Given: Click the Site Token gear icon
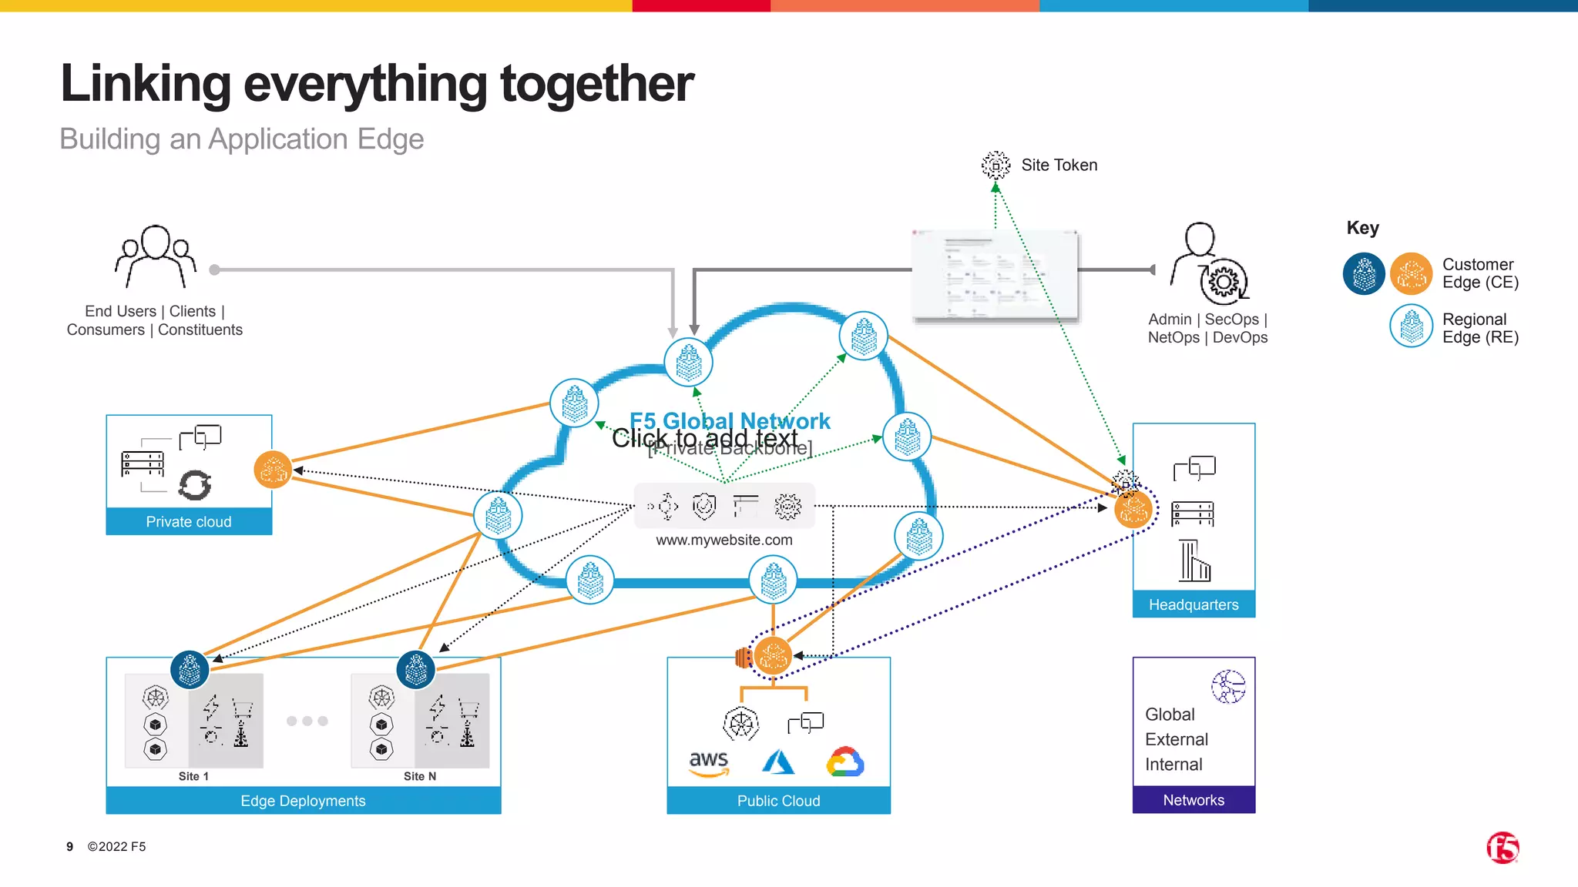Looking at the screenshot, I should pyautogui.click(x=995, y=165).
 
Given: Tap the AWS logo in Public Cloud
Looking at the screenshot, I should pyautogui.click(x=709, y=763).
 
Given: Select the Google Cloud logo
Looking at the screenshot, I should pyautogui.click(x=845, y=762).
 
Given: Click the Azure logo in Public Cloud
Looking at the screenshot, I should pyautogui.click(x=778, y=762).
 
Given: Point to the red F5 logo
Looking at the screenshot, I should pyautogui.click(x=1502, y=848).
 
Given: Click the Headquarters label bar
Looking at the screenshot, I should pyautogui.click(x=1194, y=604).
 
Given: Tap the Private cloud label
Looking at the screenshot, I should pyautogui.click(x=189, y=521).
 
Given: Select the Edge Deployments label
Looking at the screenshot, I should pyautogui.click(x=303, y=801).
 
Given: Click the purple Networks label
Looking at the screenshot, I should pyautogui.click(x=1194, y=800).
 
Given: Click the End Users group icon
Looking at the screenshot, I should pyautogui.click(x=156, y=256).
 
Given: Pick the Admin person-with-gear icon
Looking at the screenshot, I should pyautogui.click(x=1208, y=264).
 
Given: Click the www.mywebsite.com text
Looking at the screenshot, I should pyautogui.click(x=724, y=540).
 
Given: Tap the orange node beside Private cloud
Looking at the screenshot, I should pyautogui.click(x=273, y=470).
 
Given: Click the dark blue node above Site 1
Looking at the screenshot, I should pyautogui.click(x=190, y=670).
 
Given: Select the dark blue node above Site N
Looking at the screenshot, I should pyautogui.click(x=416, y=670).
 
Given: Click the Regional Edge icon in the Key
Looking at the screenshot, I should pyautogui.click(x=1411, y=326).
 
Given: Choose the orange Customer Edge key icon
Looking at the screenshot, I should pyautogui.click(x=1411, y=274).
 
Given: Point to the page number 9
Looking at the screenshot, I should pyautogui.click(x=69, y=846).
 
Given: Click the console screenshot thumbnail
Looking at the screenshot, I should pyautogui.click(x=995, y=276).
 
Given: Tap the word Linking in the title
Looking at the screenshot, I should pyautogui.click(x=146, y=83).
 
